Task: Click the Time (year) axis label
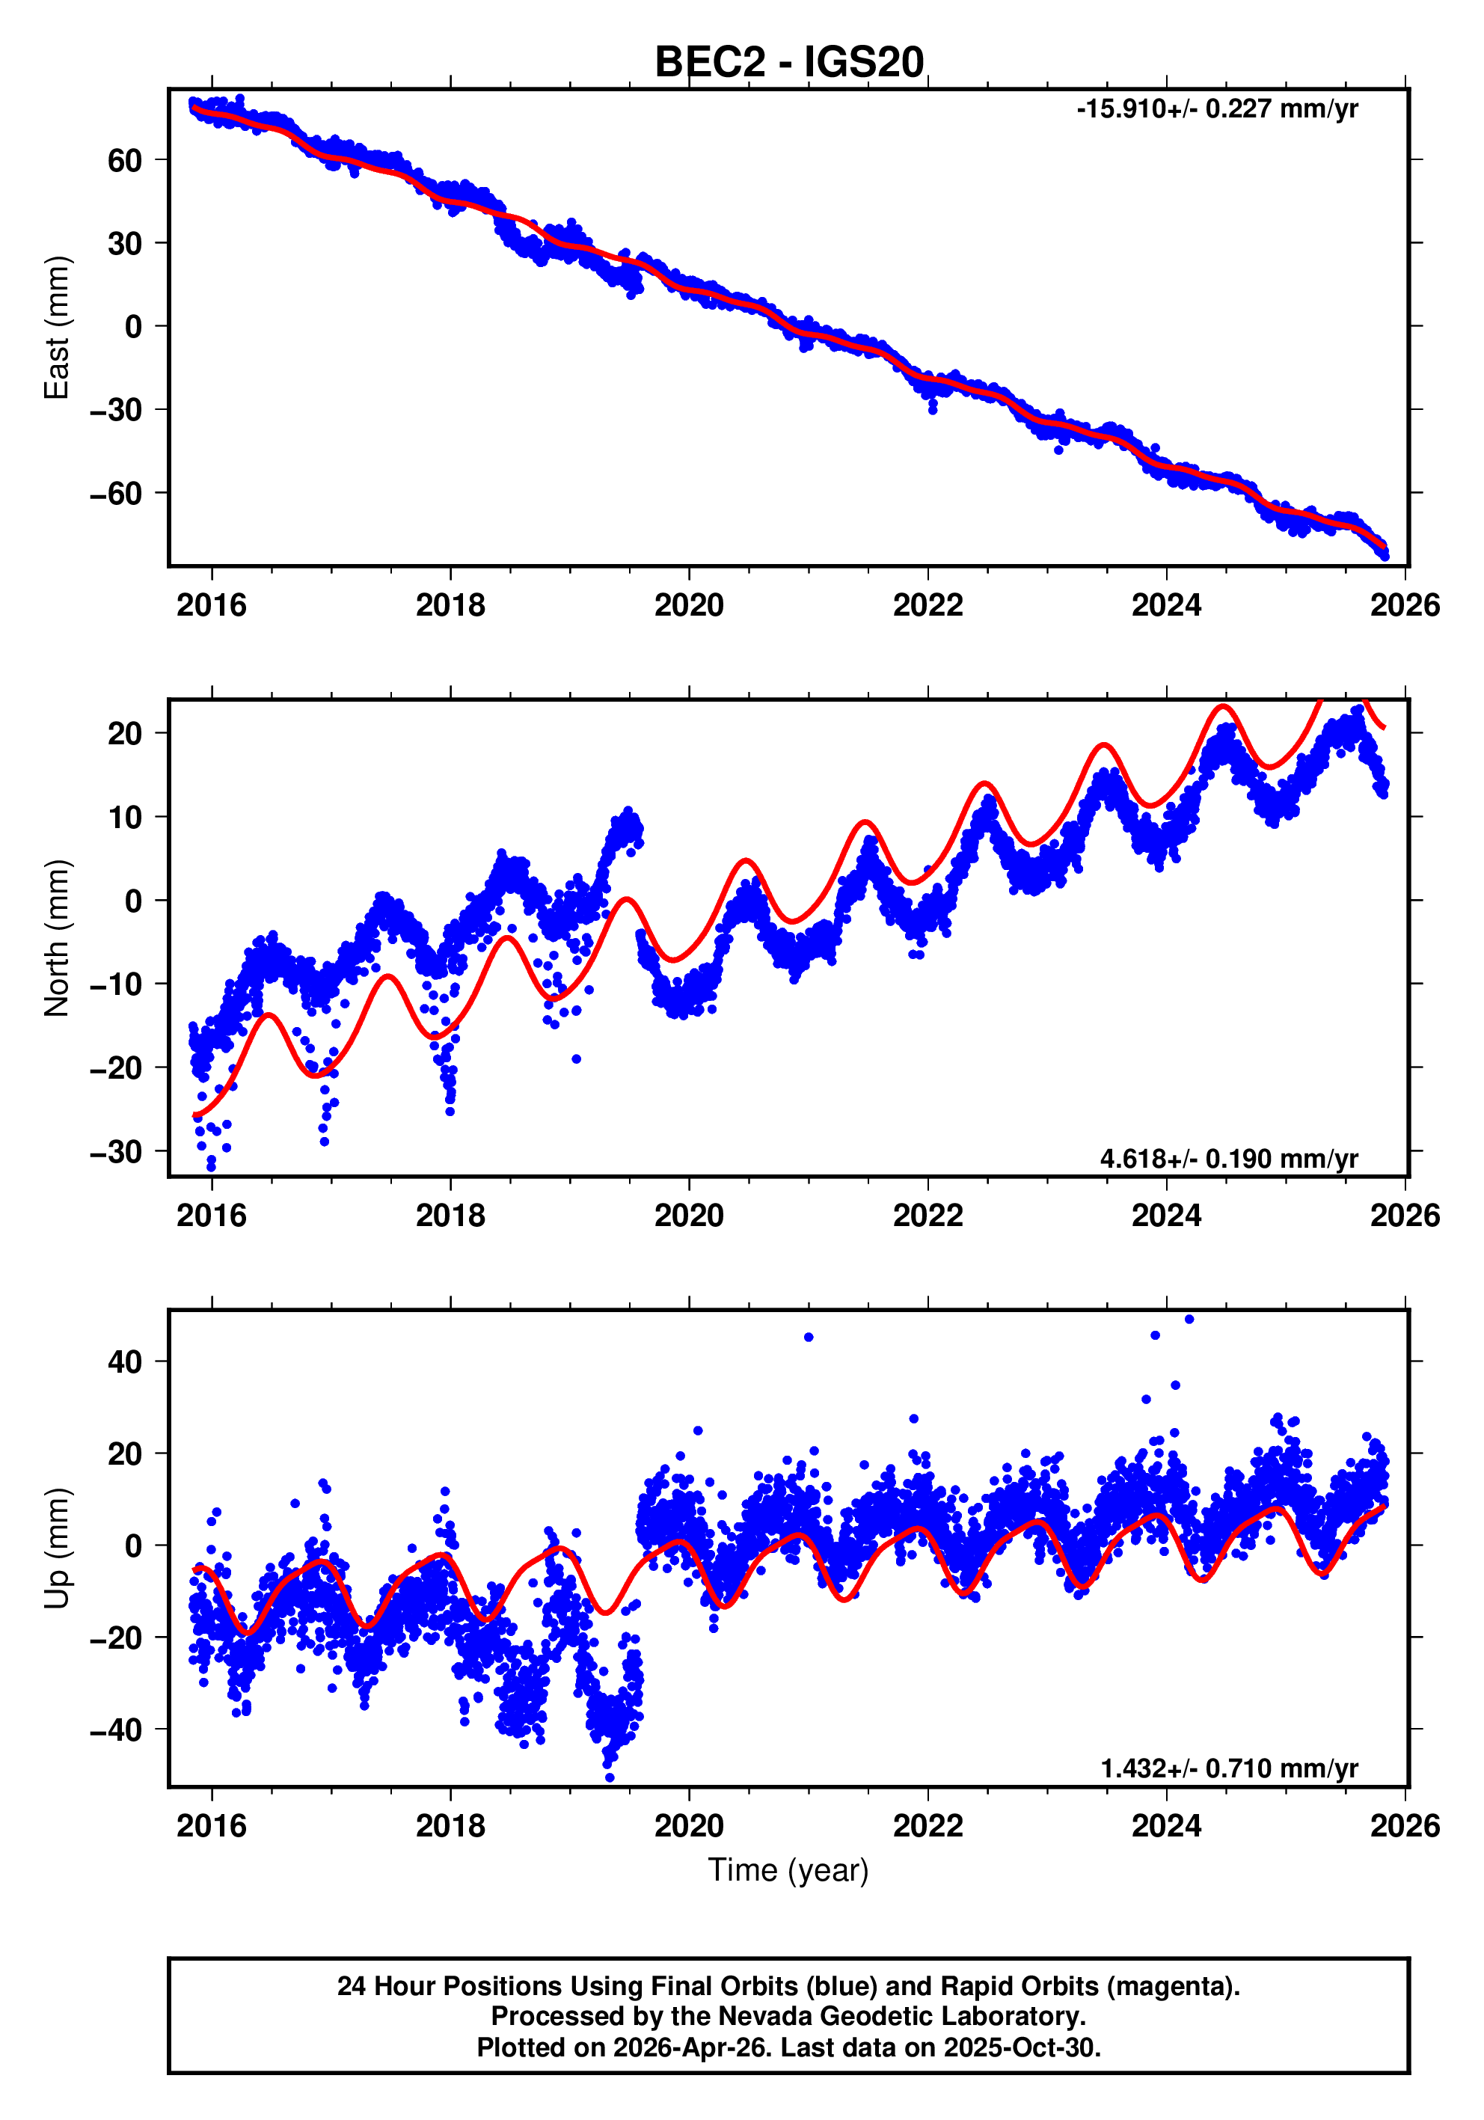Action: [x=788, y=1869]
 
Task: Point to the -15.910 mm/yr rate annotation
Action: [x=1216, y=109]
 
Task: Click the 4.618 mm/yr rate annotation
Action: [x=1228, y=1159]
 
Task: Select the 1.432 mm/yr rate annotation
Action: [x=1228, y=1768]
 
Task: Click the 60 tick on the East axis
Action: [x=125, y=161]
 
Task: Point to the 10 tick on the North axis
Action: [x=125, y=817]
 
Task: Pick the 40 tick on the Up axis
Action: [x=125, y=1362]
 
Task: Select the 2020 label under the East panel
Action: [x=689, y=606]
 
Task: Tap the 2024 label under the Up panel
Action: [x=1166, y=1826]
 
